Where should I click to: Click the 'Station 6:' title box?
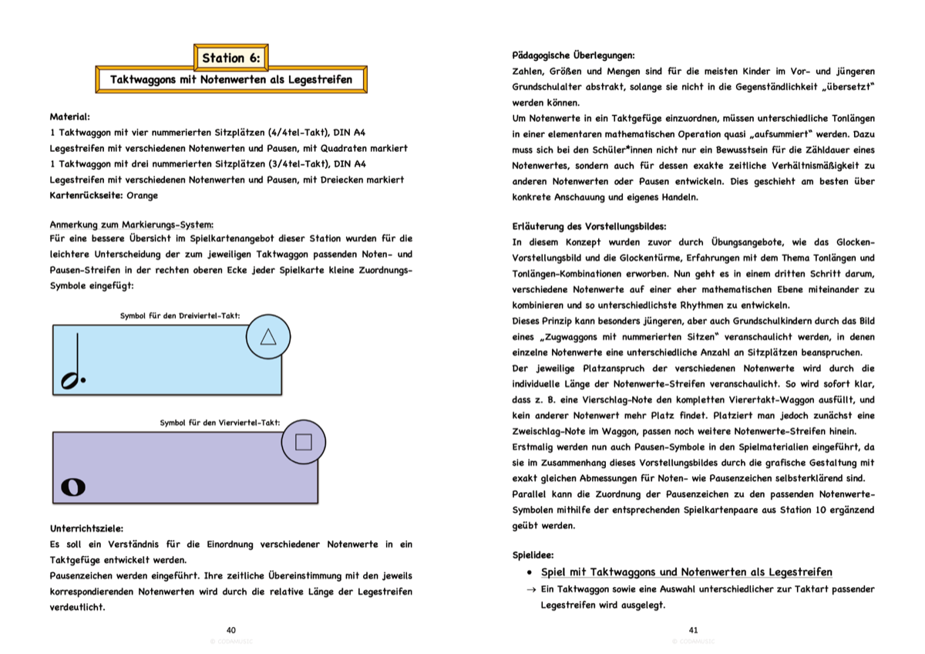(231, 58)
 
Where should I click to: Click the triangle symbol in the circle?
(268, 336)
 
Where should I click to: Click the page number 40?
(231, 630)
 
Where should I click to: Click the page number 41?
(693, 630)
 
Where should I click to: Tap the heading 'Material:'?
(69, 116)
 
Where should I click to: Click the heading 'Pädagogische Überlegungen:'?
(573, 55)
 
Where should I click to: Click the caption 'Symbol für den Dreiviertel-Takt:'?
(180, 315)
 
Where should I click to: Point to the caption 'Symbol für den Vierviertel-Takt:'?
(220, 423)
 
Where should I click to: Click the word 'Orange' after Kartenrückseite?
(142, 195)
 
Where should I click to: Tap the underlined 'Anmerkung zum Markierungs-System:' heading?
(132, 224)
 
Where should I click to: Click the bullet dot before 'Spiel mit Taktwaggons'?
(529, 573)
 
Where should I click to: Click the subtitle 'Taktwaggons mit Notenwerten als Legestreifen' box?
(231, 79)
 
